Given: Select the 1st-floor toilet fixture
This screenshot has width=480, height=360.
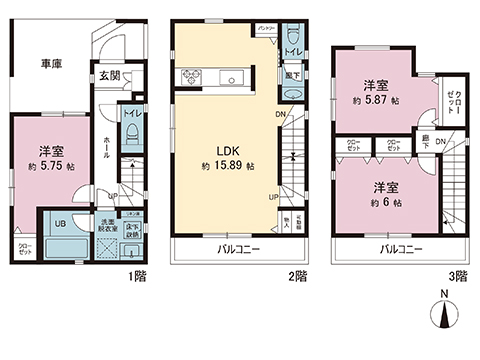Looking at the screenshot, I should point(131,142).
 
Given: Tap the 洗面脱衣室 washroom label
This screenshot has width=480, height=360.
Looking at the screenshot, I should point(103,225).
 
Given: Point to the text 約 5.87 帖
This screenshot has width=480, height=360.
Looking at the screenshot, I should point(381,100).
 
